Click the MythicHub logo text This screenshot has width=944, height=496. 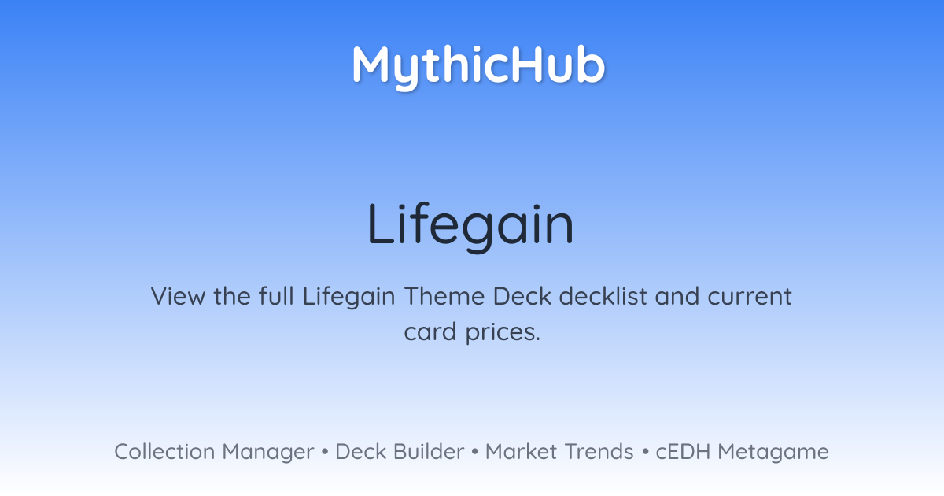[x=478, y=66]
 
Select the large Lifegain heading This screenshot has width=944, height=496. [x=470, y=226]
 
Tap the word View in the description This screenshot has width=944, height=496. [x=179, y=296]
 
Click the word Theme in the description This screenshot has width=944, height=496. [x=444, y=296]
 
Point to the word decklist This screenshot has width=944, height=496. [x=603, y=296]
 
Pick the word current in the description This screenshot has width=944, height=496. [x=749, y=297]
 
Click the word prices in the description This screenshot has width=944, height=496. [x=503, y=333]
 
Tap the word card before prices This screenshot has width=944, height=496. [x=430, y=331]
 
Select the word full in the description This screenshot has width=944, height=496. [x=276, y=296]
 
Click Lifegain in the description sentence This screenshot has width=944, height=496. [x=349, y=297]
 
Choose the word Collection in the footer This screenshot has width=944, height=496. [x=164, y=451]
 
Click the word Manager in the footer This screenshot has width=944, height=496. [x=268, y=453]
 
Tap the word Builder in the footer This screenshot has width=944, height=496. [x=429, y=451]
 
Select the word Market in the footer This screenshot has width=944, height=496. [x=521, y=451]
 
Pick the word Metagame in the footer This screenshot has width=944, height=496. [x=773, y=453]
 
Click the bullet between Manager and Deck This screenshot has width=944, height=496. [x=324, y=452]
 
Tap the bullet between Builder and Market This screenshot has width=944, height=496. [x=475, y=452]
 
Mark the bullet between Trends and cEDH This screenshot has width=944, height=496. [x=645, y=452]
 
